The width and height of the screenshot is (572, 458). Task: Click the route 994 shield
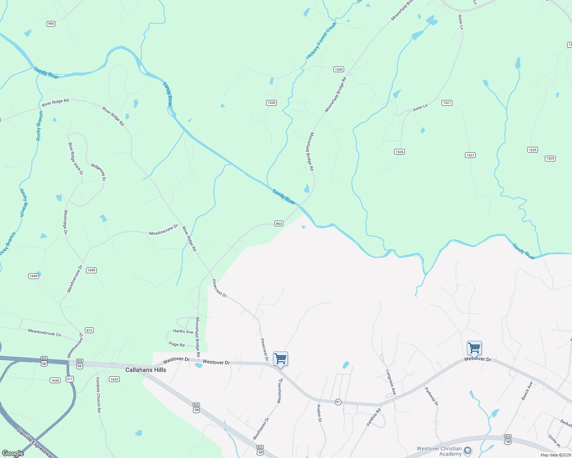(51, 24)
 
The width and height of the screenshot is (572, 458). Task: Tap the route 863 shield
(279, 224)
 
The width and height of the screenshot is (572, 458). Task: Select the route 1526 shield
(399, 152)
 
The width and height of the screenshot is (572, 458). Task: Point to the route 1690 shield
(91, 270)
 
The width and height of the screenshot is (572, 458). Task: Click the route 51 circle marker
(338, 402)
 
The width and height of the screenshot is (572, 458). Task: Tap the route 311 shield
(70, 379)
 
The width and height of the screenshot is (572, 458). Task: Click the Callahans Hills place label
(146, 370)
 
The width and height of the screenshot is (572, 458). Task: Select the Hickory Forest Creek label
(321, 41)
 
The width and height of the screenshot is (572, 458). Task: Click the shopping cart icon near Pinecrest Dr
(280, 359)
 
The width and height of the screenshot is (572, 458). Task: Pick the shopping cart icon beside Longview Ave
(474, 348)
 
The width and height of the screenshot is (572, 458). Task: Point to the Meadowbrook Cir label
(45, 332)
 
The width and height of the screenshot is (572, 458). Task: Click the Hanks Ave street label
(183, 331)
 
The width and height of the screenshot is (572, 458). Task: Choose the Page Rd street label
(177, 344)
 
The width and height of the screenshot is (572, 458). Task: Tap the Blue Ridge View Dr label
(75, 159)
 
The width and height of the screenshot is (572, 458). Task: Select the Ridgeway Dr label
(99, 172)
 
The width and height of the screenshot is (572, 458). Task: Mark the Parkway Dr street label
(431, 396)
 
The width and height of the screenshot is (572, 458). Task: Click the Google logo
(13, 453)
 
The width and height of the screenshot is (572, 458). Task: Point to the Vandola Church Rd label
(98, 395)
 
